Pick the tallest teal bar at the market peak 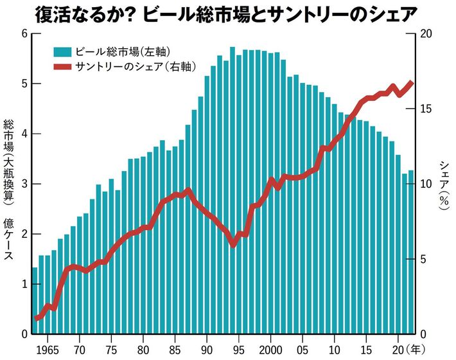[x=232, y=193]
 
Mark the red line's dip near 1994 [x=233, y=244]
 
